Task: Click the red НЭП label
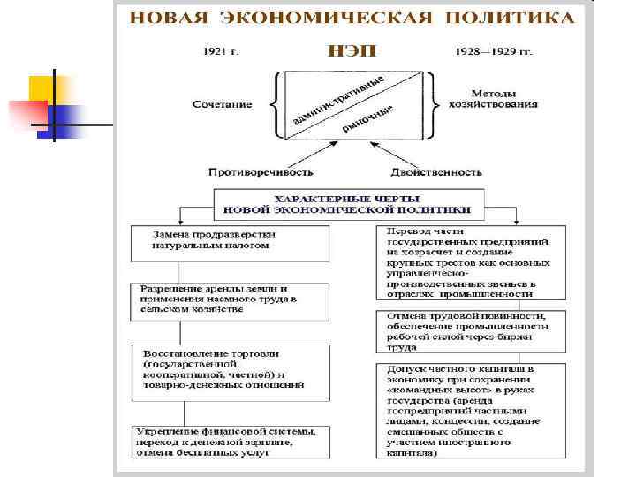tap(351, 50)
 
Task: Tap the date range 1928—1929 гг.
tap(493, 51)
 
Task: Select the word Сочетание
tap(222, 104)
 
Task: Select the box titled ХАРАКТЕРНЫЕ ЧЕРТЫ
tap(348, 205)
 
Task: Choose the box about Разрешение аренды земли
tap(231, 299)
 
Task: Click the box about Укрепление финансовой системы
tap(231, 442)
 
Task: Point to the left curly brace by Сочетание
tap(276, 104)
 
